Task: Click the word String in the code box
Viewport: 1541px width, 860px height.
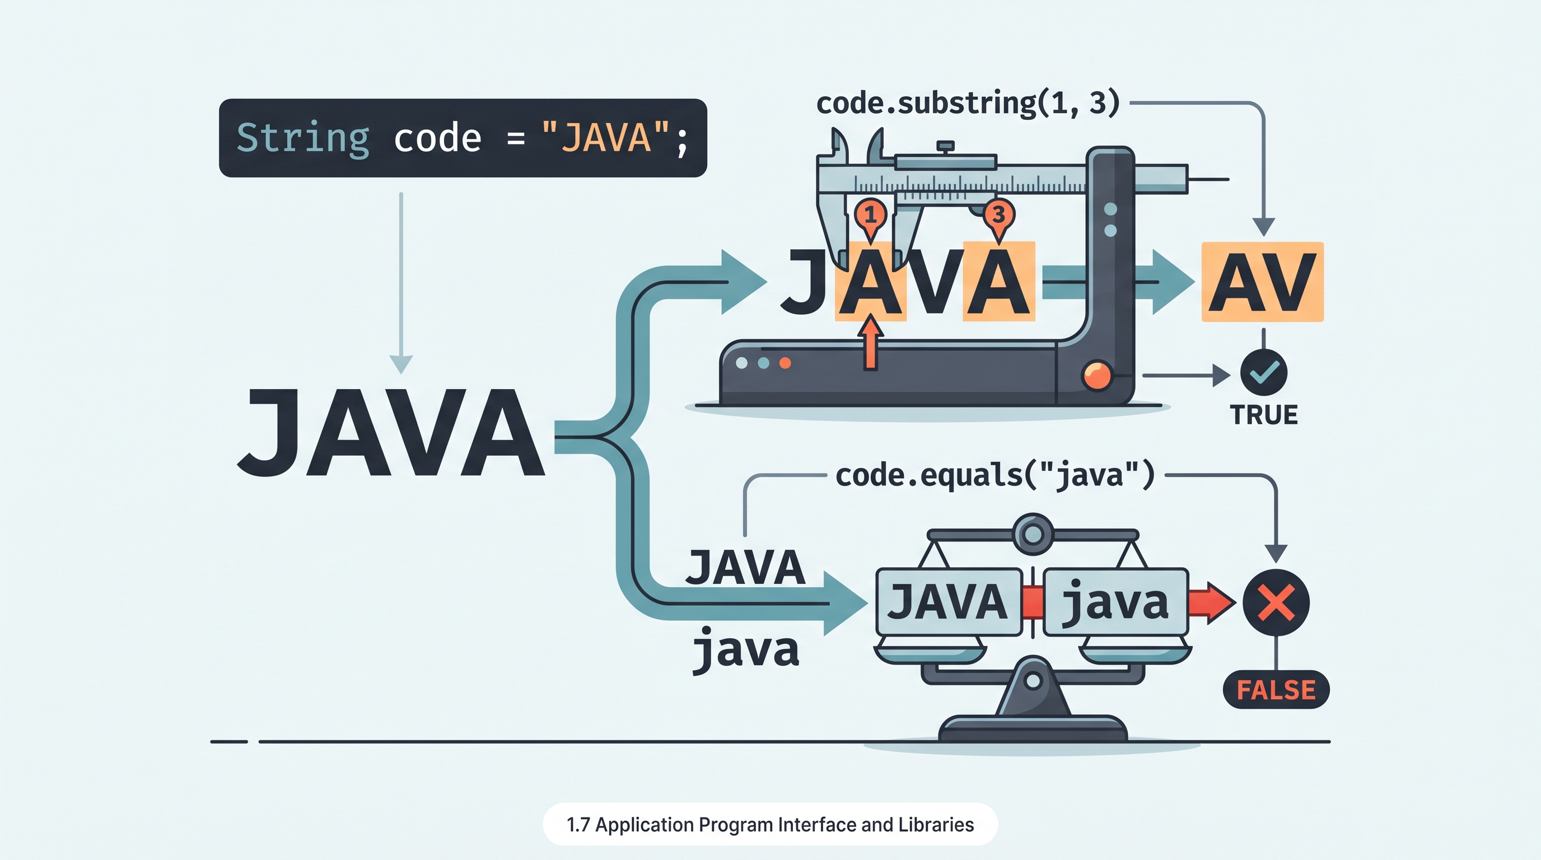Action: [x=303, y=139]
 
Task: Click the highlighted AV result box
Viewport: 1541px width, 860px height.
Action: [x=1262, y=282]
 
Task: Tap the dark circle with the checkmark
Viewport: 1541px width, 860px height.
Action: [x=1264, y=372]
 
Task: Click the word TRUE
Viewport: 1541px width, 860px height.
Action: [x=1264, y=415]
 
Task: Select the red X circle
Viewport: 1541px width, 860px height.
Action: [x=1276, y=602]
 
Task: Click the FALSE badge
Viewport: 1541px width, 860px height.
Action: [x=1276, y=690]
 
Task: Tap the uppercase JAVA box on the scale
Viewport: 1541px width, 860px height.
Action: [x=949, y=602]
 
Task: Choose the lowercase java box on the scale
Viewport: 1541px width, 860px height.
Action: [x=1115, y=602]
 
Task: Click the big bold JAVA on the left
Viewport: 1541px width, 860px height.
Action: [x=391, y=432]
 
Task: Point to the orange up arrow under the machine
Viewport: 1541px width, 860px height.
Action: [x=871, y=343]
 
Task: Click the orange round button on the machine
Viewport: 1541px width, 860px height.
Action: [x=1097, y=376]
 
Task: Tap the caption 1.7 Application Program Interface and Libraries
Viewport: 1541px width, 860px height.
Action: [x=770, y=825]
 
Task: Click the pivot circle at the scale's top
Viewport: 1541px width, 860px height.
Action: [x=1033, y=534]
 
